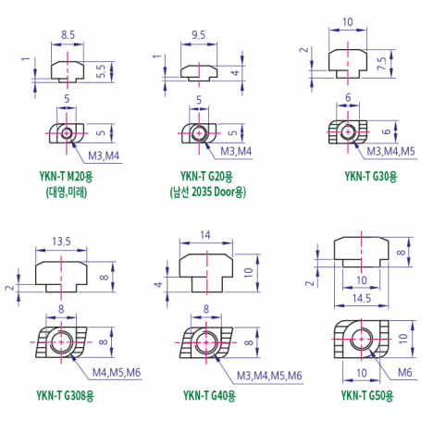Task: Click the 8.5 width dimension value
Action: point(68,35)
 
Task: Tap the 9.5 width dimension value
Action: point(198,35)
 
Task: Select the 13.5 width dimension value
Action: point(61,241)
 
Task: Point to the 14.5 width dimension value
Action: point(362,298)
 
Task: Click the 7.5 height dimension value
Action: point(382,63)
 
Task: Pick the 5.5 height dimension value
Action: point(101,71)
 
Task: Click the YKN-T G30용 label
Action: point(371,177)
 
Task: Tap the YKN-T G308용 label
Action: point(65,395)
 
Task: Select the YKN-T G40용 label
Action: point(209,395)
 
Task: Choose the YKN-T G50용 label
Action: point(367,395)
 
